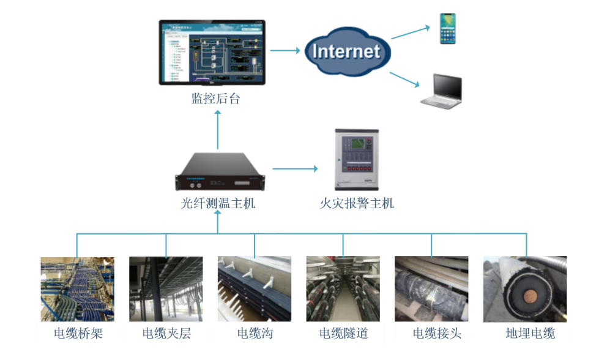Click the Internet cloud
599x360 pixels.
[x=346, y=51]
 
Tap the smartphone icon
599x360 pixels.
[x=448, y=29]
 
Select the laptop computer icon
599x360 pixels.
[x=442, y=92]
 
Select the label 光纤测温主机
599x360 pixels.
[x=218, y=203]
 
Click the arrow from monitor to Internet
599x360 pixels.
[x=285, y=51]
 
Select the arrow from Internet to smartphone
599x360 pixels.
[x=410, y=32]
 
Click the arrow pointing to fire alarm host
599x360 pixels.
[x=296, y=168]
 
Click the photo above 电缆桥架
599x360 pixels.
[x=78, y=289]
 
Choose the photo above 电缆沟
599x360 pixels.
[x=254, y=289]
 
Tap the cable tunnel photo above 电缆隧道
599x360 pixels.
[x=343, y=289]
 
